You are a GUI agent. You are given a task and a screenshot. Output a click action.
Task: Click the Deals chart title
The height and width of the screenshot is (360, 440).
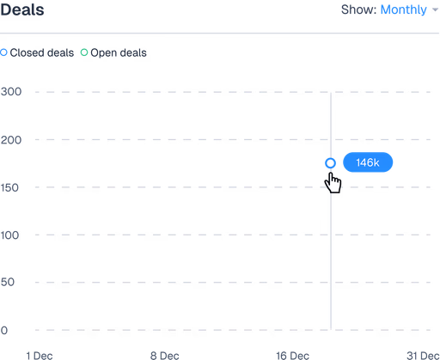click(22, 9)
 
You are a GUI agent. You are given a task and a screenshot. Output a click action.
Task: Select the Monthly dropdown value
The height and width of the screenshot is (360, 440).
click(403, 9)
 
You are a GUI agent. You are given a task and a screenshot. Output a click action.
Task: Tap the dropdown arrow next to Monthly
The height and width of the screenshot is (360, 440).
click(435, 9)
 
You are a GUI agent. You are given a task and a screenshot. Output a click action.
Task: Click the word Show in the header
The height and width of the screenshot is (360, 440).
click(358, 9)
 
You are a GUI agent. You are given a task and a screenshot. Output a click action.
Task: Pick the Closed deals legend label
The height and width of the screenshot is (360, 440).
click(42, 52)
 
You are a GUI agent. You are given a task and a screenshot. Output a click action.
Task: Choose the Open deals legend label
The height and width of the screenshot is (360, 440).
click(119, 52)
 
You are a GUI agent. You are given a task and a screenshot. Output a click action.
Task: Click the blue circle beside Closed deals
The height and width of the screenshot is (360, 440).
click(3, 52)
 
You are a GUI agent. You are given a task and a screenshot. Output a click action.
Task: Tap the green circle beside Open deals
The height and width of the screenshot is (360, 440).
click(84, 52)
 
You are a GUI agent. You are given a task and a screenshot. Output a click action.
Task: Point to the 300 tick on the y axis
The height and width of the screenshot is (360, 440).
click(11, 92)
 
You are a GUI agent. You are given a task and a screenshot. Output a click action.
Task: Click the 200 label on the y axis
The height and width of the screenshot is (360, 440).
click(11, 140)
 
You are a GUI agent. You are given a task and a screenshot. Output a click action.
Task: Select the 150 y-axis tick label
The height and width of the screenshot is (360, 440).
click(9, 188)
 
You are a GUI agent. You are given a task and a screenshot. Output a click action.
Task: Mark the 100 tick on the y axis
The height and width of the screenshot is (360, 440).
click(9, 235)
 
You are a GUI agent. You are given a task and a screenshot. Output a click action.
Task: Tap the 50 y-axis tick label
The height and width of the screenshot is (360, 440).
click(8, 282)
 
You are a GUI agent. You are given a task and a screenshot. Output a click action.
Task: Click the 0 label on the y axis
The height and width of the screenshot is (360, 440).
click(4, 330)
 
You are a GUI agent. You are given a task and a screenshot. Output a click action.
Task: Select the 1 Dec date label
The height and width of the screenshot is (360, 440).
click(40, 356)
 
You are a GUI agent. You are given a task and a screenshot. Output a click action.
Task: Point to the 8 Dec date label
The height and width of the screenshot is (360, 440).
click(164, 356)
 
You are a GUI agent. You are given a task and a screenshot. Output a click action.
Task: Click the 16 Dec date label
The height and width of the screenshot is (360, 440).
click(292, 356)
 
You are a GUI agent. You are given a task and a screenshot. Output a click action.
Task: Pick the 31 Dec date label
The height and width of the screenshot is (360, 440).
click(423, 356)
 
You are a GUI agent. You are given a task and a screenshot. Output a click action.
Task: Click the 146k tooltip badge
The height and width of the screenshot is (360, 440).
click(368, 162)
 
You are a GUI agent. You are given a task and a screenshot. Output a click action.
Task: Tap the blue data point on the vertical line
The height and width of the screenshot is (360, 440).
click(330, 159)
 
